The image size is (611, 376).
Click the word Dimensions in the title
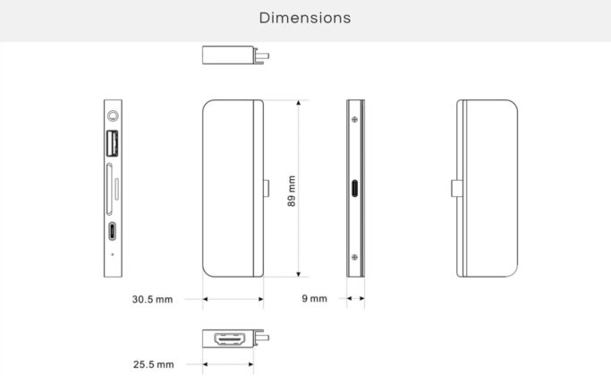click(x=305, y=18)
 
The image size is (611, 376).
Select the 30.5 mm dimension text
click(x=152, y=299)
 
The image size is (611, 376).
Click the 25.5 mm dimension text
click(x=154, y=364)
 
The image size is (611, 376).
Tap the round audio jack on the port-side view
click(x=113, y=115)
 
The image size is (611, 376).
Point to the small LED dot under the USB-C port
click(x=112, y=254)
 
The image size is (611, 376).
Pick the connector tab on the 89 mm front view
click(x=267, y=190)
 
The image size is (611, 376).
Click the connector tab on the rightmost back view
click(x=454, y=190)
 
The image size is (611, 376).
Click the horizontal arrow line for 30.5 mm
click(x=233, y=299)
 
